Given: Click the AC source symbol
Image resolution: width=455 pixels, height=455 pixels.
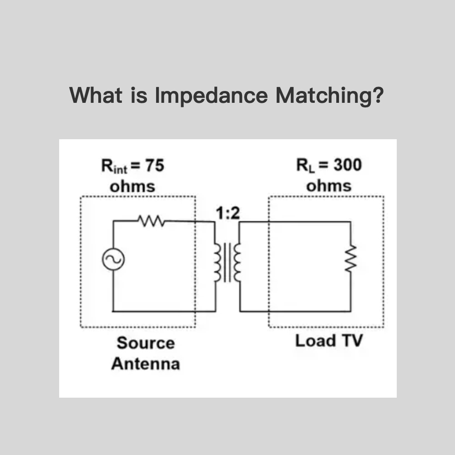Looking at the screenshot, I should pyautogui.click(x=110, y=260).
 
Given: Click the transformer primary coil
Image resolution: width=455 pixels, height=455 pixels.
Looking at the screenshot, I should pyautogui.click(x=217, y=263).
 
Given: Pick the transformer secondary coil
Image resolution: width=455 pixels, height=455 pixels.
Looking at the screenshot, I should pyautogui.click(x=237, y=263).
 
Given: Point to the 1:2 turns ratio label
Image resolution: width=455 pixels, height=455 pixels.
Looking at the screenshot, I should pyautogui.click(x=227, y=212).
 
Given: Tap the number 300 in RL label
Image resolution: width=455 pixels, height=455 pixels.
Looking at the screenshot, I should pyautogui.click(x=348, y=165).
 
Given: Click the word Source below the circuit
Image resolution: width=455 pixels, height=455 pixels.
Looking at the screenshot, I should pyautogui.click(x=145, y=343).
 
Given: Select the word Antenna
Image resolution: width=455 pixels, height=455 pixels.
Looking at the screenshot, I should pyautogui.click(x=145, y=364).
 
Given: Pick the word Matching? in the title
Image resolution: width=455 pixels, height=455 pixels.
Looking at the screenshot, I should pyautogui.click(x=330, y=96).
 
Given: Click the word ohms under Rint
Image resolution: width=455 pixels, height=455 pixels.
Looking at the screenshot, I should pyautogui.click(x=132, y=187).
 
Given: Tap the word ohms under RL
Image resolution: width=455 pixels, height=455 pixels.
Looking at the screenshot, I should pyautogui.click(x=329, y=186).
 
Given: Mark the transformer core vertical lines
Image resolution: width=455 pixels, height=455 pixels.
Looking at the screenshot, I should pyautogui.click(x=227, y=263).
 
